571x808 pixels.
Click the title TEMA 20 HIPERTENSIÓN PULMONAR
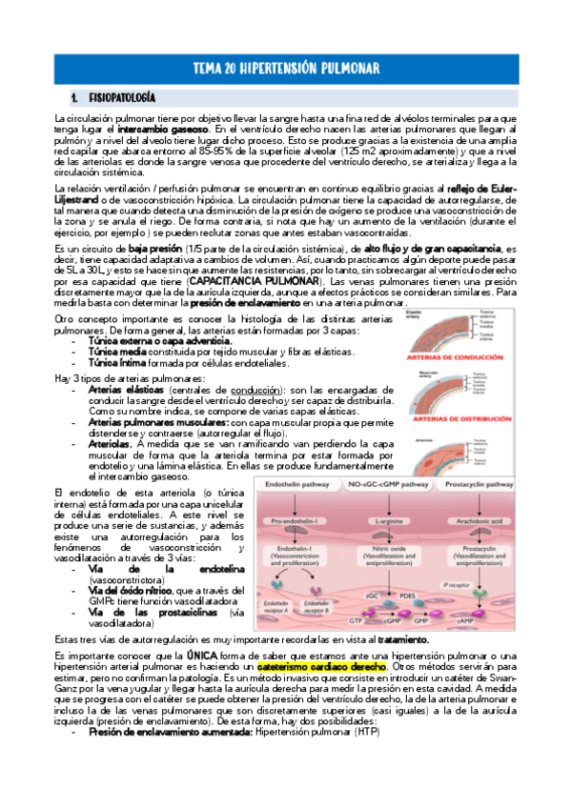pos(285,69)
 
